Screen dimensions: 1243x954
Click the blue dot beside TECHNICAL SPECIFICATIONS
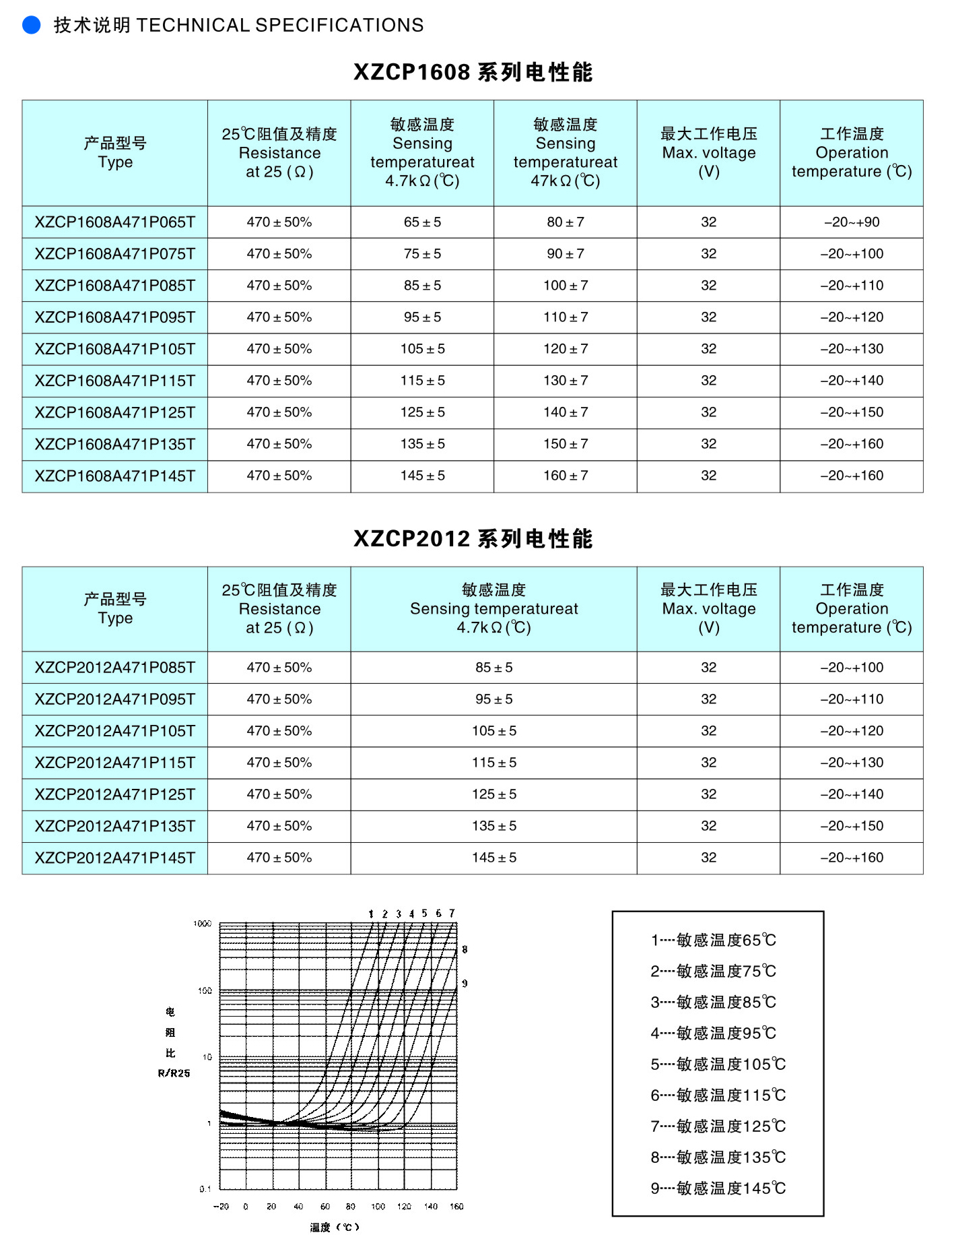pos(32,25)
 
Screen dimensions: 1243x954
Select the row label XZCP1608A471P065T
pos(115,222)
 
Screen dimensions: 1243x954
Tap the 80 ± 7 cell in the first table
pos(566,222)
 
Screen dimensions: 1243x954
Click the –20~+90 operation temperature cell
pos(852,222)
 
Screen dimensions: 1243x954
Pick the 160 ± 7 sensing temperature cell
pos(566,476)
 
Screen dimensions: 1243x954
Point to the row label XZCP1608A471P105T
pos(115,349)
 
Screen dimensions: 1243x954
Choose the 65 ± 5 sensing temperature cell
pos(422,222)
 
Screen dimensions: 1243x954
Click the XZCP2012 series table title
pos(473,539)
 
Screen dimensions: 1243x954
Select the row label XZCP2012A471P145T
pos(115,858)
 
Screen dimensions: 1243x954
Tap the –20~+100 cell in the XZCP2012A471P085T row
pos(852,668)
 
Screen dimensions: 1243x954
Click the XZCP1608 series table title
pos(473,72)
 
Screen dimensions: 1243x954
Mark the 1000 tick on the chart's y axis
pos(203,924)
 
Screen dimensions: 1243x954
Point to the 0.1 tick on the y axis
pos(205,1189)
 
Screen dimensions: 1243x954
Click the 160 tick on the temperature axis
pos(456,1207)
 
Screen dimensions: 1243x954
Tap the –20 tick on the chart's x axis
pos(221,1207)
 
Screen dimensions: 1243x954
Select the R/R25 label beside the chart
pos(174,1073)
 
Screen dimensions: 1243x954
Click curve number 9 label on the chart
pos(465,984)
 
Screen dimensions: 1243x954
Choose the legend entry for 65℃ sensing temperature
pos(714,940)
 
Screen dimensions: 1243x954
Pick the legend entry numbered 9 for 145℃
pos(718,1188)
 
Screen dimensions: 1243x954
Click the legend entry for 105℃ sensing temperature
pos(718,1064)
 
